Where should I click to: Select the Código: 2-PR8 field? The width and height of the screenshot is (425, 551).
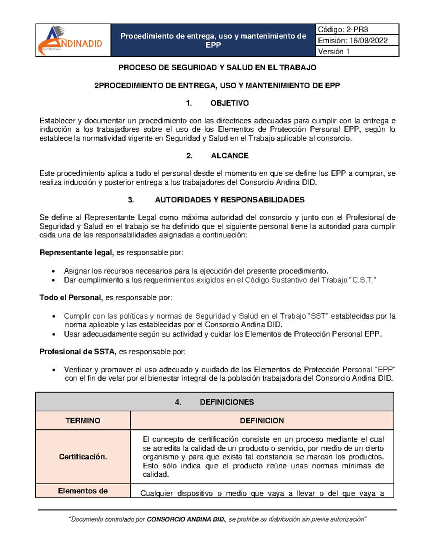pyautogui.click(x=343, y=29)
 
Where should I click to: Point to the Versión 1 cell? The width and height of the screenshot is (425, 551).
pyautogui.click(x=334, y=51)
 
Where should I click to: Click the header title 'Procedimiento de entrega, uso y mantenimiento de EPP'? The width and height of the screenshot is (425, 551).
pyautogui.click(x=213, y=40)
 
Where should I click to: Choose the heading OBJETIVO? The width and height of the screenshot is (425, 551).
pyautogui.click(x=229, y=103)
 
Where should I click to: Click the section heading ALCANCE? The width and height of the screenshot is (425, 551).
pyautogui.click(x=229, y=156)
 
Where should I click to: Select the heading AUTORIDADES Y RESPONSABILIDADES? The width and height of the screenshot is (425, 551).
pyautogui.click(x=229, y=200)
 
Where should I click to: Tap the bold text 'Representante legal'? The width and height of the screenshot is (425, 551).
pyautogui.click(x=76, y=253)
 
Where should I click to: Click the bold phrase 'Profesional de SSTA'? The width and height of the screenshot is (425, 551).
pyautogui.click(x=77, y=352)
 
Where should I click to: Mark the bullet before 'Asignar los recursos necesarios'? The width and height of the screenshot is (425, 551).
pyautogui.click(x=53, y=271)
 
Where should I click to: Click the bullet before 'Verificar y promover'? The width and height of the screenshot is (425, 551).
pyautogui.click(x=53, y=370)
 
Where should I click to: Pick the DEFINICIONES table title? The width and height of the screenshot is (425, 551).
pyautogui.click(x=227, y=402)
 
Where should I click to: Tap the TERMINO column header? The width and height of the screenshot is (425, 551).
pyautogui.click(x=83, y=420)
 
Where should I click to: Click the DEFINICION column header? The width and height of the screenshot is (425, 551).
pyautogui.click(x=262, y=420)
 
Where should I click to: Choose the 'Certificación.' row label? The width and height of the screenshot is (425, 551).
pyautogui.click(x=83, y=457)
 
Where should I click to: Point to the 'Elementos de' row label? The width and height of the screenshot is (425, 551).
pyautogui.click(x=83, y=491)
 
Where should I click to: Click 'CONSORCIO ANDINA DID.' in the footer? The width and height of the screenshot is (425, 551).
pyautogui.click(x=186, y=519)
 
